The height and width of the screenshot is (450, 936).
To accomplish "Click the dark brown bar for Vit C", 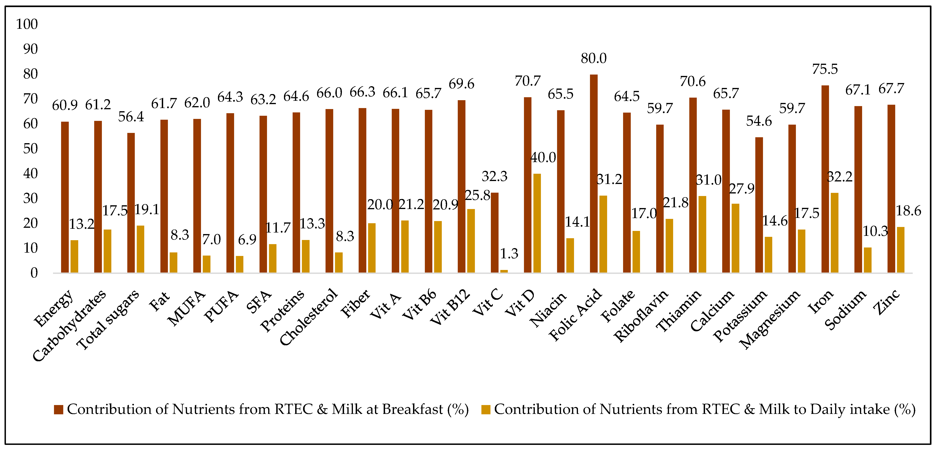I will pos(495,233).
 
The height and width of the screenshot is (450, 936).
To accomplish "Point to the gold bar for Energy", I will pos(74,256).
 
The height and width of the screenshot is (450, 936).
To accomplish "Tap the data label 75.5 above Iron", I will pos(825,69).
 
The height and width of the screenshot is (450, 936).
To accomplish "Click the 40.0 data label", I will pos(543,157).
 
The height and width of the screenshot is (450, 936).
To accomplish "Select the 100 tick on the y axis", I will pos(27,24).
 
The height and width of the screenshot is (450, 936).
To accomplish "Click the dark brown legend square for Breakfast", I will pos(59,410).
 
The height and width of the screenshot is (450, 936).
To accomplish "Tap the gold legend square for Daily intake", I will pos(486,410).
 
